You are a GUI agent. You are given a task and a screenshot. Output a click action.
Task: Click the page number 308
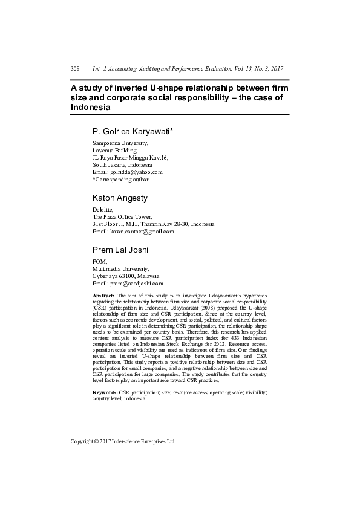pos(75,69)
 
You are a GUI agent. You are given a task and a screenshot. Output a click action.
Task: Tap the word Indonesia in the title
pos(91,107)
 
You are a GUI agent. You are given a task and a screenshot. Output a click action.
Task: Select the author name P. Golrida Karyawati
pos(133,131)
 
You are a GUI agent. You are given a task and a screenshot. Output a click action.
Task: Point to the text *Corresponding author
pos(120,179)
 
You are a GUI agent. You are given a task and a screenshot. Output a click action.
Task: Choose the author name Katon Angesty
pos(120,198)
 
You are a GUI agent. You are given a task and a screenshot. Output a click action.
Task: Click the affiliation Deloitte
pos(103,209)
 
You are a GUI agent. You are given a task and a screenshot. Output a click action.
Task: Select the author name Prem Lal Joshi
pos(120,250)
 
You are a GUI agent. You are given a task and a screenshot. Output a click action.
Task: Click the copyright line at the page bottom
pos(123,441)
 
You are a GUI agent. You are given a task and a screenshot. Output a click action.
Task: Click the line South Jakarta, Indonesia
pos(122,164)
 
